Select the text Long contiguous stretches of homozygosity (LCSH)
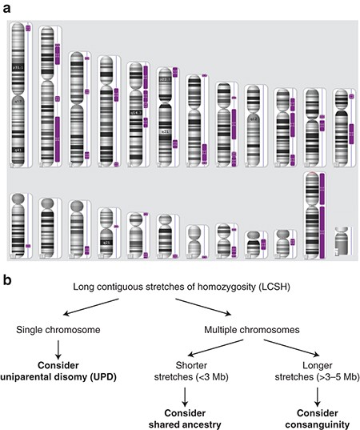click(x=179, y=287)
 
